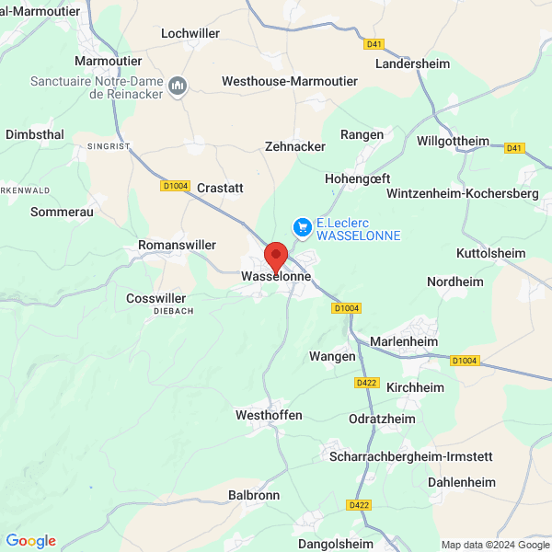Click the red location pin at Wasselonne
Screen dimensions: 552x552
276,255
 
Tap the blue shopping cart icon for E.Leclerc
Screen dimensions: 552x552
301,225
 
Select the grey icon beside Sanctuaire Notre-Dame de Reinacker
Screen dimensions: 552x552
178,86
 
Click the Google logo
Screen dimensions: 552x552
30,541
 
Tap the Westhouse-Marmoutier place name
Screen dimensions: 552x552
290,81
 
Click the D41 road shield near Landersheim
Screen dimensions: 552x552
374,43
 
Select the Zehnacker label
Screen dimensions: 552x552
294,146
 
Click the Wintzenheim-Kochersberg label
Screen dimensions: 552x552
462,194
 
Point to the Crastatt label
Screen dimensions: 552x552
220,188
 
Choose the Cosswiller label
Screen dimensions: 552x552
156,298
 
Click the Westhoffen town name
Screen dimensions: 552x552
269,415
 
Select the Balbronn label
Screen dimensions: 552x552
253,495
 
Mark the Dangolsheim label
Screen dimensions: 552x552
339,544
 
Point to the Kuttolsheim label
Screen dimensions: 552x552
490,253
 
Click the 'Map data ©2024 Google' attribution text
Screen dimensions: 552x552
494,545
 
